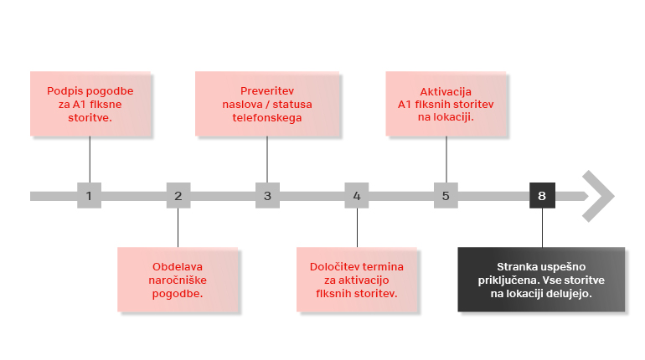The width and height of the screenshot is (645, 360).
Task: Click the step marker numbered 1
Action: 90,195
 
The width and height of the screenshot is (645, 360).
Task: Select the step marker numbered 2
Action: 178,195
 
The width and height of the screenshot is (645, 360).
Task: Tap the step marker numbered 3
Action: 267,195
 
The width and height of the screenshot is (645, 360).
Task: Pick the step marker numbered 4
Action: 357,195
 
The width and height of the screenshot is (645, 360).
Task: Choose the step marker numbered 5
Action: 446,195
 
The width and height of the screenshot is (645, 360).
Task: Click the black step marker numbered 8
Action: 542,195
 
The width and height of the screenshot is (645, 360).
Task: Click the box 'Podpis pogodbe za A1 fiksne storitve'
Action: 90,104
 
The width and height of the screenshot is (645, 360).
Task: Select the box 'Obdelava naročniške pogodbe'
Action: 178,280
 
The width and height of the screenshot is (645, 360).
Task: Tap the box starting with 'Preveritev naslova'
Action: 267,104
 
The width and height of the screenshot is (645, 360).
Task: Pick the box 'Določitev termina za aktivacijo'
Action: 357,280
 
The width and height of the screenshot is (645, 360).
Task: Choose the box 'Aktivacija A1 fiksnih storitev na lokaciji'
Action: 446,104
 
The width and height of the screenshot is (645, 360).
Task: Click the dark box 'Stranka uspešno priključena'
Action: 541,280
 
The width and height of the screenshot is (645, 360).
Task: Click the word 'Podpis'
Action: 60,91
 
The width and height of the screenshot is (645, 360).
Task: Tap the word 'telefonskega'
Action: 267,118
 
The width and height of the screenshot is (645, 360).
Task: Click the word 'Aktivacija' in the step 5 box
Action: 446,91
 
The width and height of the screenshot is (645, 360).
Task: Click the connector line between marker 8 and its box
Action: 542,228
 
